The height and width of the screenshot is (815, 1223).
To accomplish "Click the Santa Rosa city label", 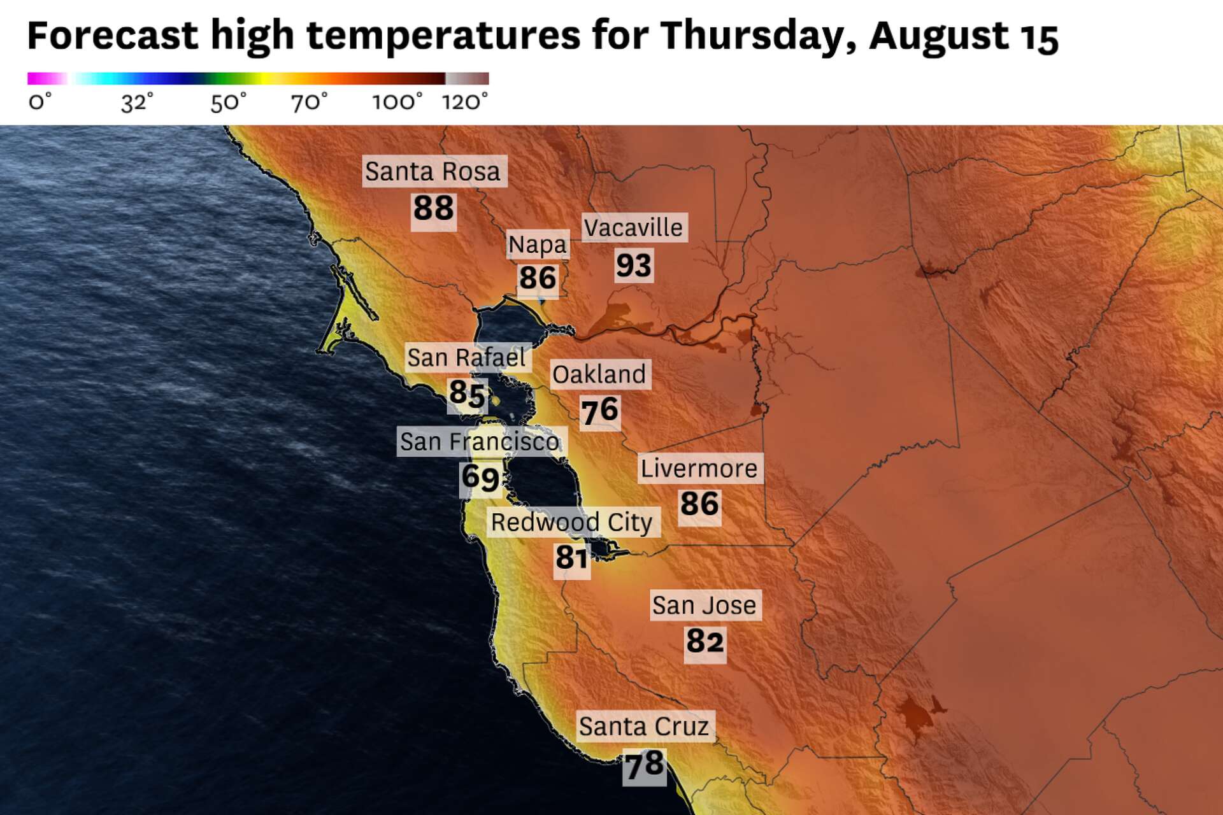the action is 434,171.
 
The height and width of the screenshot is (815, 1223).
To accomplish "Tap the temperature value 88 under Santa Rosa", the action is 434,208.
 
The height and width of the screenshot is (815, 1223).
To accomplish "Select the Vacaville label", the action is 634,227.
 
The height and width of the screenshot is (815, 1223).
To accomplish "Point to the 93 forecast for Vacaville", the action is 634,265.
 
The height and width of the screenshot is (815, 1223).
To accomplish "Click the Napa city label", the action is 538,244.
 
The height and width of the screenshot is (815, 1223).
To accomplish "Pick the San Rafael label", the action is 467,358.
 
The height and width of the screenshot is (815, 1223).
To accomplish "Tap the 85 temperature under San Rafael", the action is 468,393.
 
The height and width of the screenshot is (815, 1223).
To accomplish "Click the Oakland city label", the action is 599,374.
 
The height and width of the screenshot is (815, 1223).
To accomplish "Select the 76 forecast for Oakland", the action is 600,411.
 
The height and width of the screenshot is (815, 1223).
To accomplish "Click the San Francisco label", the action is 480,441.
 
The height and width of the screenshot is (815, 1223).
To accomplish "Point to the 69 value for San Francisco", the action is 480,478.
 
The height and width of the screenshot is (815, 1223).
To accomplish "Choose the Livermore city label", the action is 699,469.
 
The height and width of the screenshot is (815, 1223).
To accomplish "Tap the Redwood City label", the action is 572,522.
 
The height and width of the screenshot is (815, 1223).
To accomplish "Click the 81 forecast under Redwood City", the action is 571,558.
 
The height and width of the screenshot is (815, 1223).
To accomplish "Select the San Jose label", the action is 704,605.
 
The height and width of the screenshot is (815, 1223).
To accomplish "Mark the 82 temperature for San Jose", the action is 705,641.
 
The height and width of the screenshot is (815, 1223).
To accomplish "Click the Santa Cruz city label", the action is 644,726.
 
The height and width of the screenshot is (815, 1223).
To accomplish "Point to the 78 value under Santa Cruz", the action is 645,764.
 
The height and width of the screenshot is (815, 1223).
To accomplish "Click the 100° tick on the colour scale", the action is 397,102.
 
